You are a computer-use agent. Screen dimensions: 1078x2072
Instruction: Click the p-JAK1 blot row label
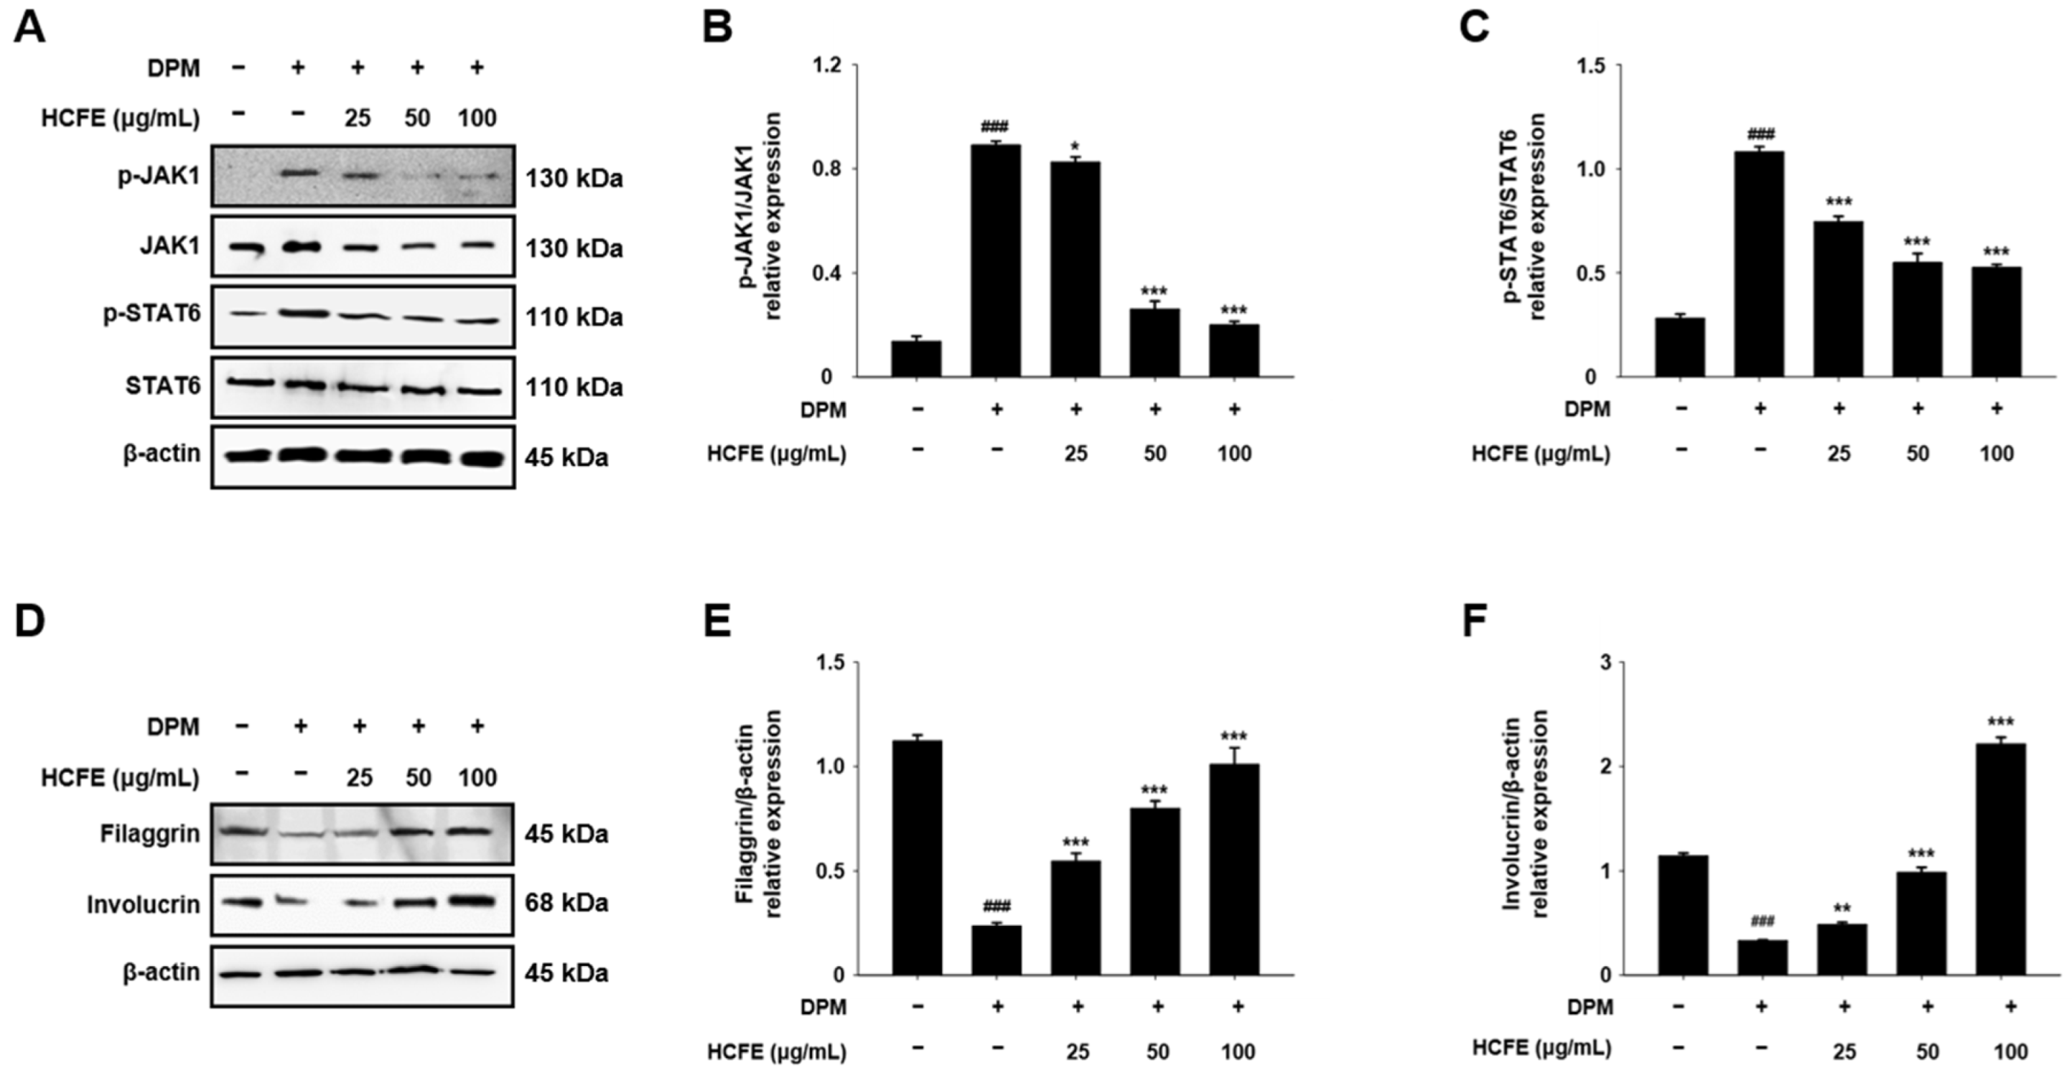[159, 176]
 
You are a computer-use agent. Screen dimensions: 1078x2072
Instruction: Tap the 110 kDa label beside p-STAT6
[574, 317]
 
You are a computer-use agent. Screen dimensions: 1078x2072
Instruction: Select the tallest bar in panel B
[996, 261]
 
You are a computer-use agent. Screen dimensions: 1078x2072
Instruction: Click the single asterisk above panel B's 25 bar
[1075, 148]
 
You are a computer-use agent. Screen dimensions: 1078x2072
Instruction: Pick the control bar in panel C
[1680, 347]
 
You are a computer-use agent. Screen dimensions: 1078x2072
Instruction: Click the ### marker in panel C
[1759, 134]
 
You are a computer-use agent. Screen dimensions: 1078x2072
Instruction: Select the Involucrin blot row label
[143, 905]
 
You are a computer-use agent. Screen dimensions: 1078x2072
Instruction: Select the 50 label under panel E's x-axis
[1157, 1051]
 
